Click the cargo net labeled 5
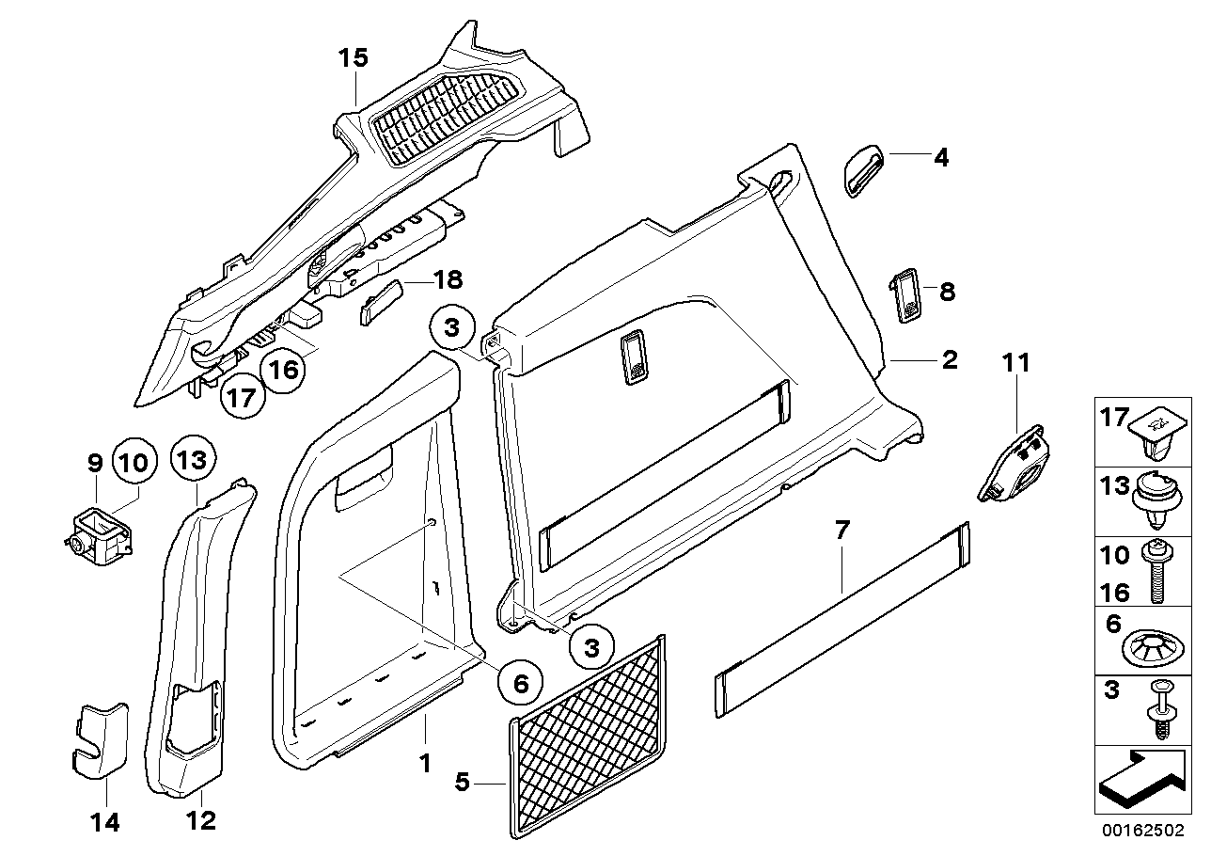(590, 734)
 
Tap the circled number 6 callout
(520, 682)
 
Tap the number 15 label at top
(354, 58)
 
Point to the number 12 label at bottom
(200, 820)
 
